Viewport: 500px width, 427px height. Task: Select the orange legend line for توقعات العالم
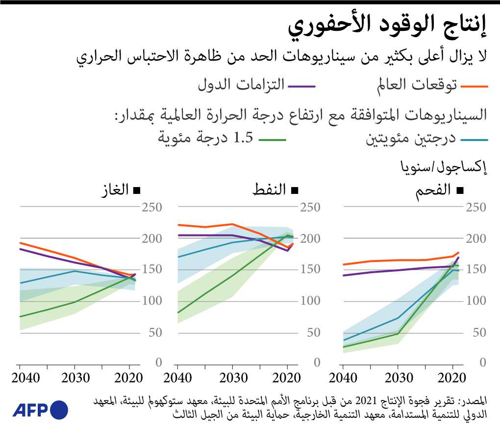point(475,86)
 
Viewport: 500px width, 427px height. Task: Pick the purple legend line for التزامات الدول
point(301,86)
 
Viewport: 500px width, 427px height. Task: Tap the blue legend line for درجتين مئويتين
point(474,140)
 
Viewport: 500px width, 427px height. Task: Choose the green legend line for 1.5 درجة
point(272,140)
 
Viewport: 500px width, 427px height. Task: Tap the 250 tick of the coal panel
point(477,208)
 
